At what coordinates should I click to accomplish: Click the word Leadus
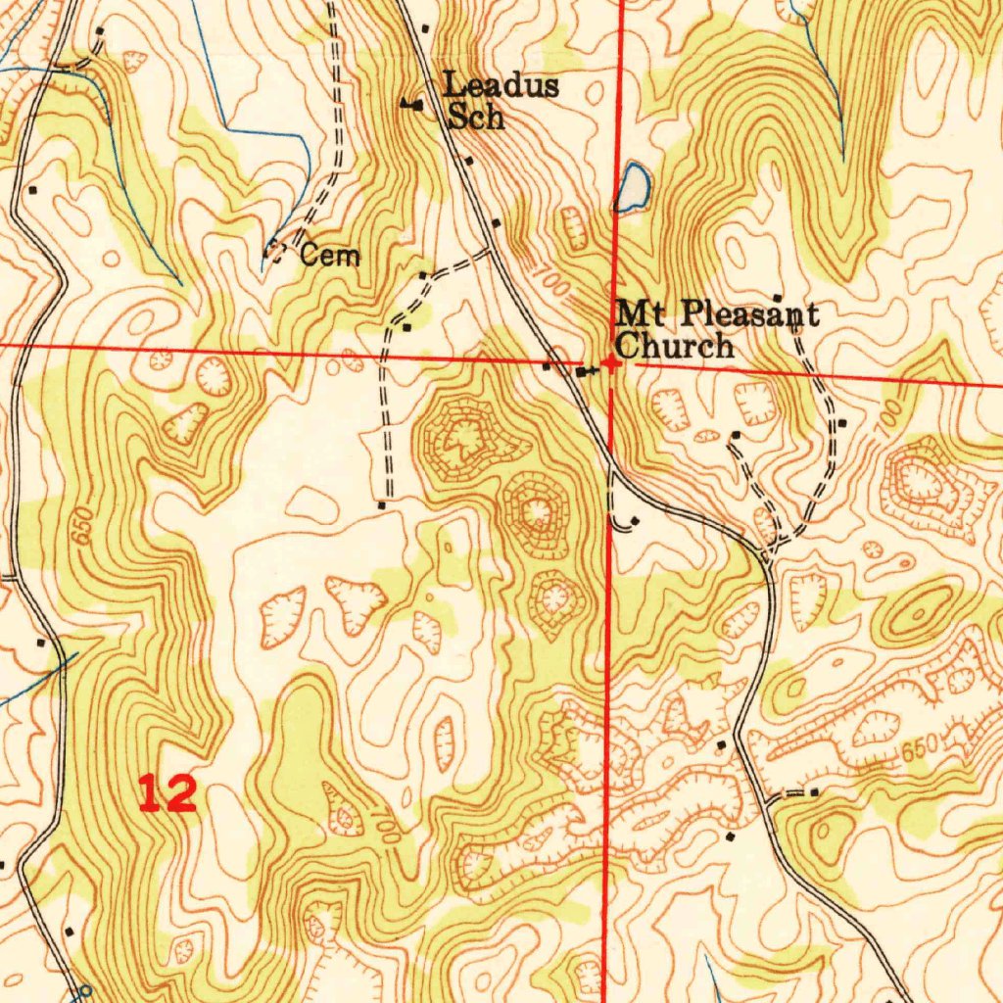tap(501, 85)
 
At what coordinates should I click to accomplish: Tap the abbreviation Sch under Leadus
tap(476, 118)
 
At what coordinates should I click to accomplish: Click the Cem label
tap(330, 257)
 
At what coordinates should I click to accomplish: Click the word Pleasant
tap(749, 314)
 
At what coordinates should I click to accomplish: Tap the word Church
tap(674, 346)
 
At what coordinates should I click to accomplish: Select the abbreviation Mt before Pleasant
tap(640, 314)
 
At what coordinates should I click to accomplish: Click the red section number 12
tap(167, 792)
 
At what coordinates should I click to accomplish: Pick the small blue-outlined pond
tap(632, 186)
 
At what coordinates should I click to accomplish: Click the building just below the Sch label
tap(469, 160)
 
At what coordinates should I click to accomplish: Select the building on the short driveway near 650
tap(814, 791)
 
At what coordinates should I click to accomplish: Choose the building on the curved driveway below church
tap(636, 520)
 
